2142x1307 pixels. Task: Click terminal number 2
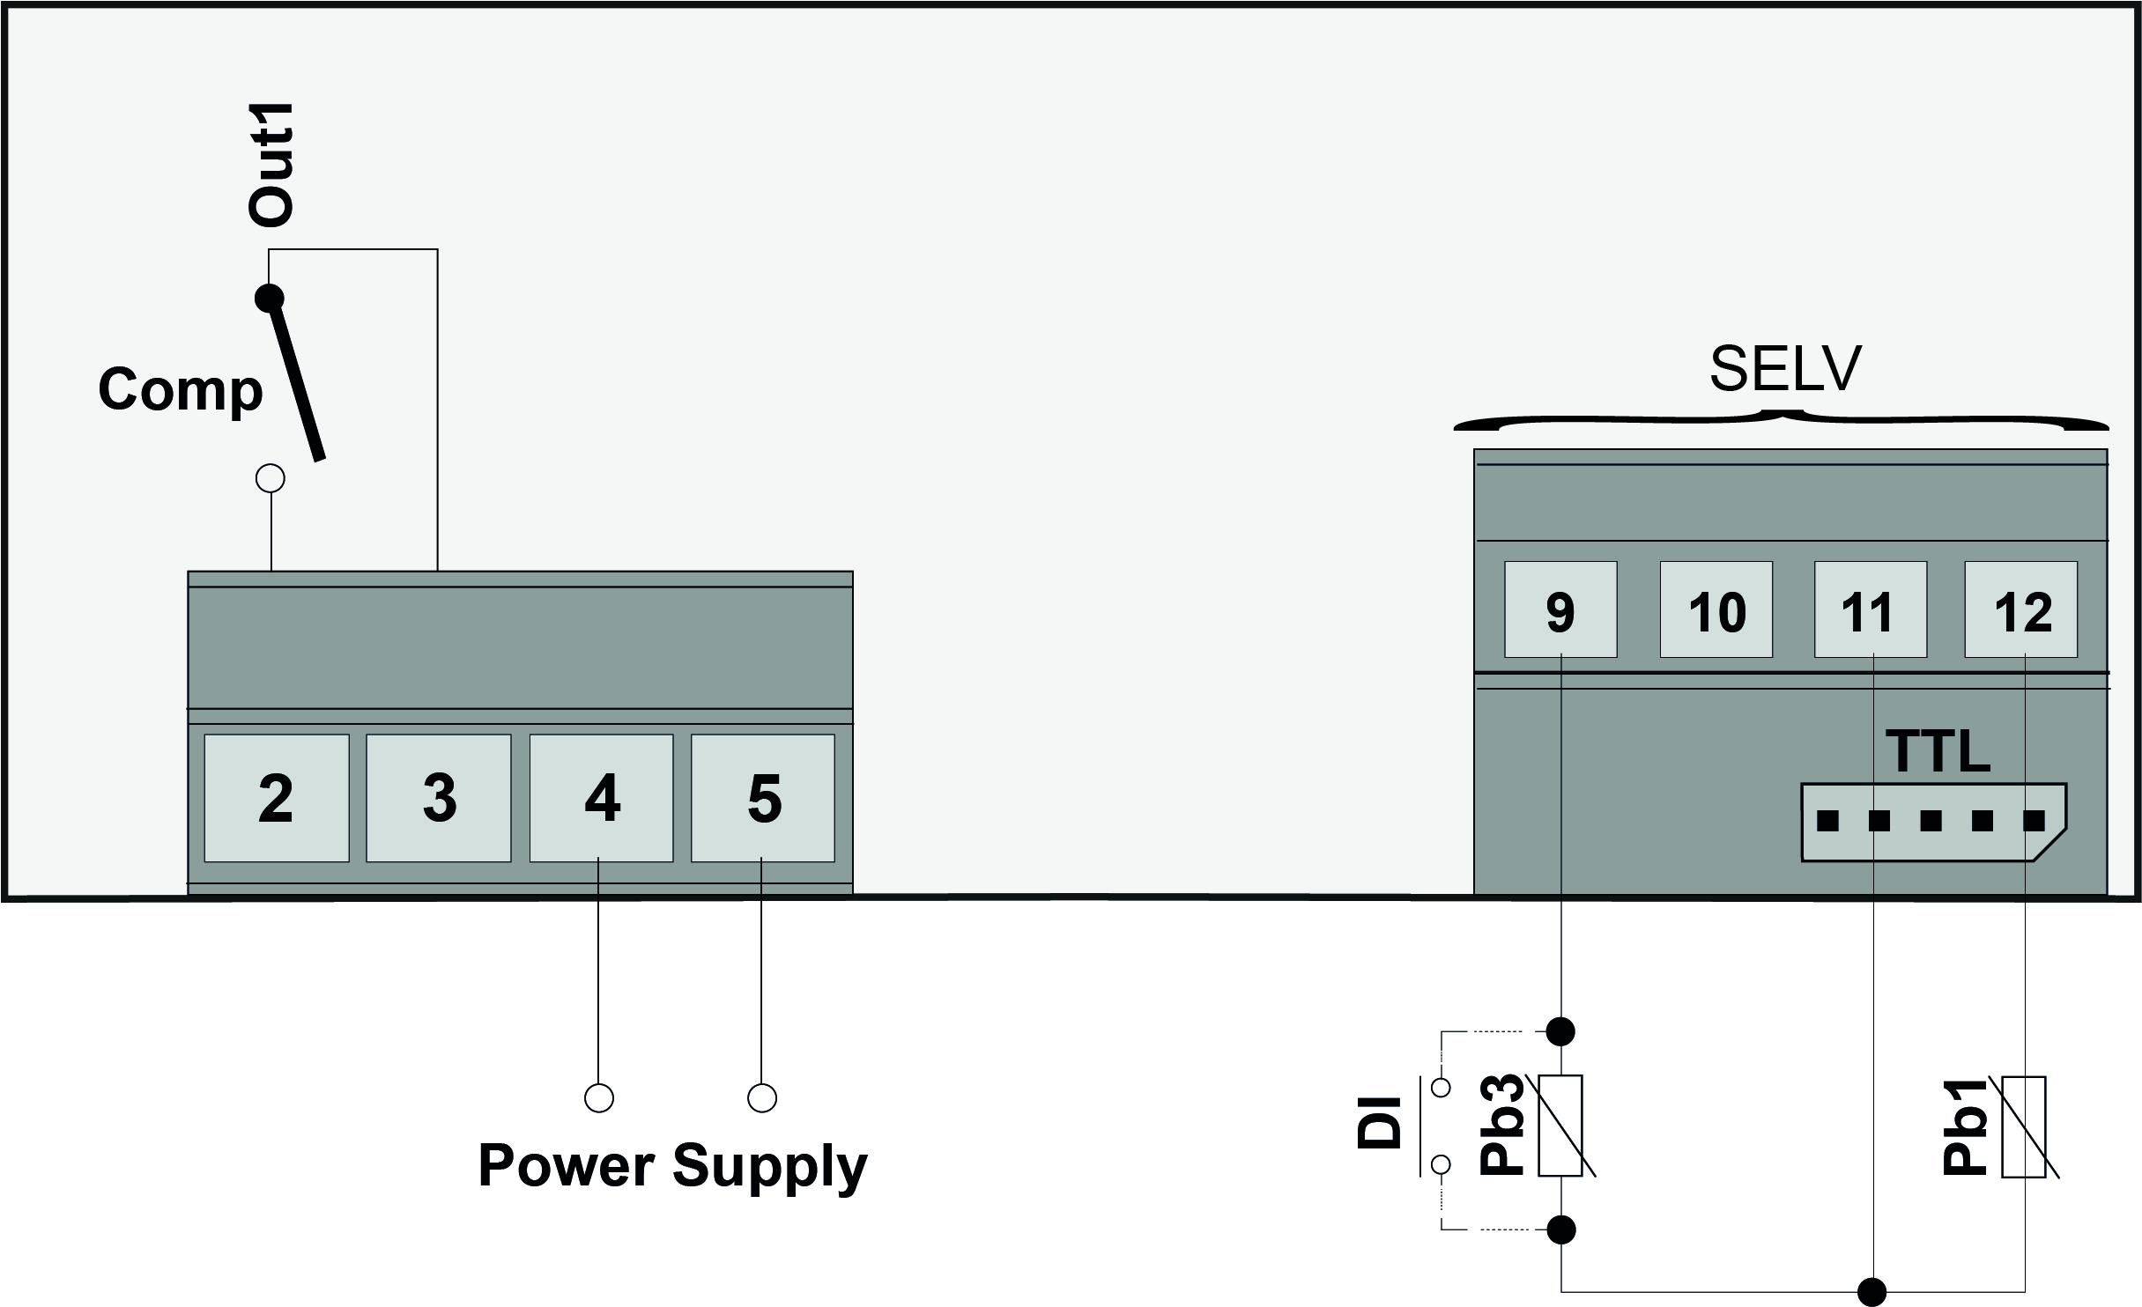click(x=276, y=798)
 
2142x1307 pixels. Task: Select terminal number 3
click(x=439, y=798)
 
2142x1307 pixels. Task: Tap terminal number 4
click(x=601, y=798)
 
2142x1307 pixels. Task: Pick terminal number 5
click(x=763, y=798)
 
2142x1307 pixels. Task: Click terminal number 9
click(x=1560, y=609)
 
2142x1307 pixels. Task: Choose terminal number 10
click(x=1716, y=609)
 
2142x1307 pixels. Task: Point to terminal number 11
click(x=1870, y=609)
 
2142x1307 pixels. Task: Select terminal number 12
click(x=2021, y=609)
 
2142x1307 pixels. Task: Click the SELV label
click(x=1785, y=370)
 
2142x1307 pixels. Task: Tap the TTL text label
click(x=1937, y=751)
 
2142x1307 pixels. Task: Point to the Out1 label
click(x=271, y=165)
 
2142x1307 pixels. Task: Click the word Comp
click(x=181, y=389)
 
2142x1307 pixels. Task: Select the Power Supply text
click(x=672, y=1166)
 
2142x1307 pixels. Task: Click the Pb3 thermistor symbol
click(x=1560, y=1126)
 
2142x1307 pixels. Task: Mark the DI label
click(x=1380, y=1122)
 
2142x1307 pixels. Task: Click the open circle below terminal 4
click(x=599, y=1097)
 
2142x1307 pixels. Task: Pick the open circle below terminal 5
click(x=762, y=1097)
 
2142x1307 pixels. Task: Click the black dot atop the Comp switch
click(x=269, y=298)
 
